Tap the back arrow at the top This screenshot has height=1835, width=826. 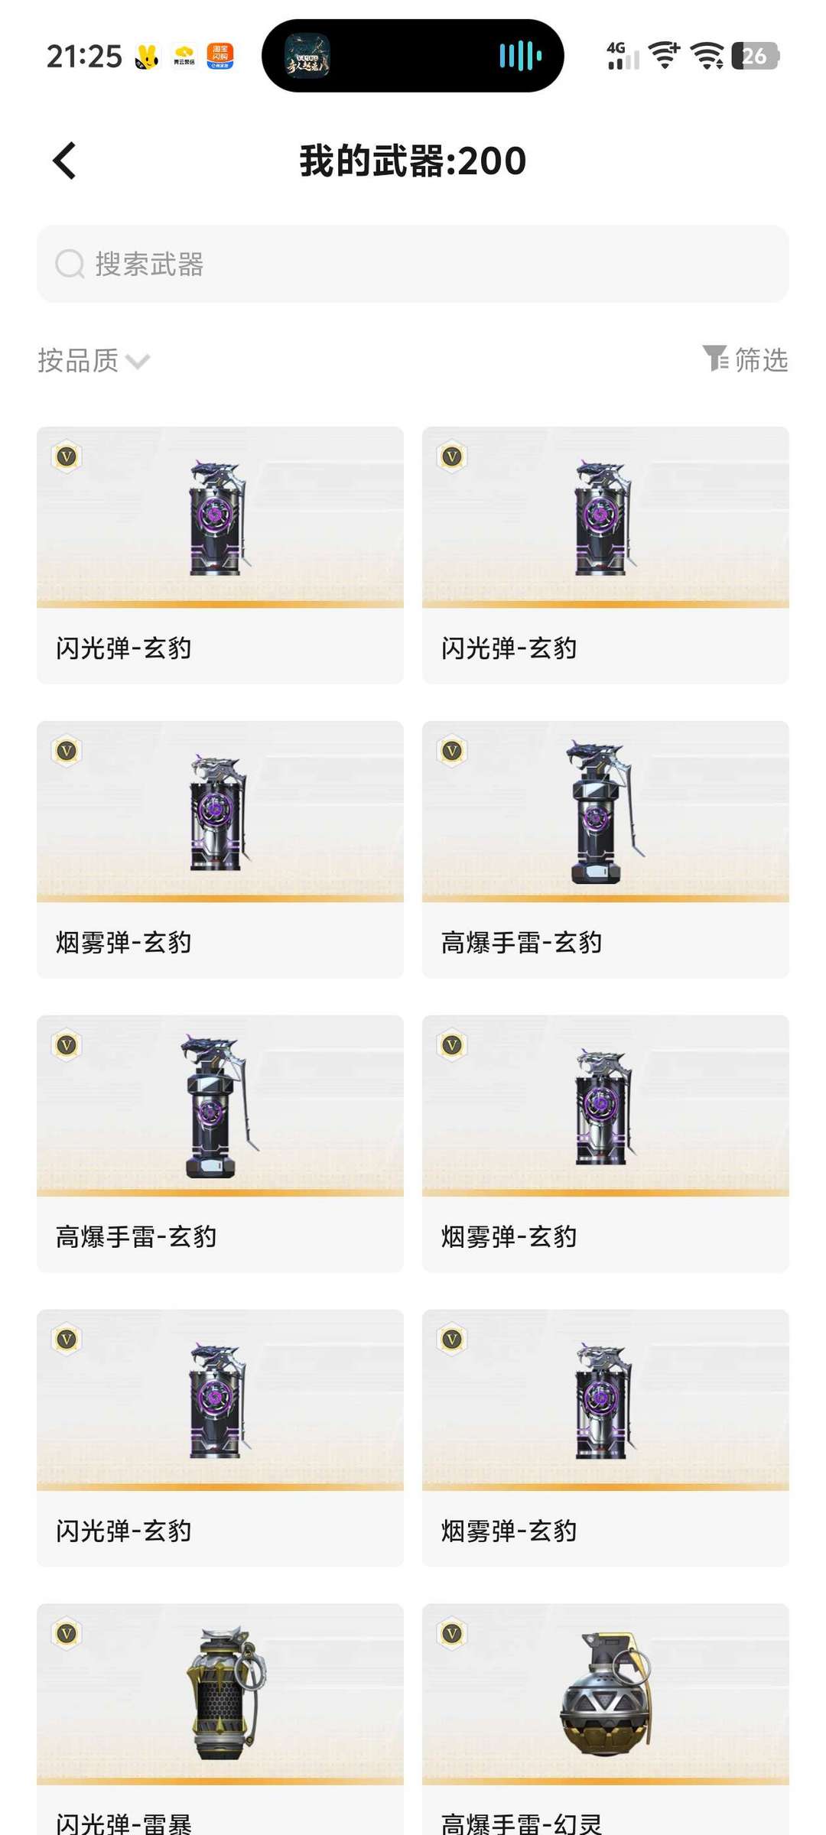tap(64, 161)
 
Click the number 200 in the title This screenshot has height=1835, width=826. tap(493, 161)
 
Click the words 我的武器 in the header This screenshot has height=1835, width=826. tap(372, 161)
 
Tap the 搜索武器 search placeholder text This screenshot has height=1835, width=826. tap(149, 265)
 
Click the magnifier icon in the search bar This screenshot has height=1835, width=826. tap(70, 265)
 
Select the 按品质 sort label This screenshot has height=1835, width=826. tap(78, 360)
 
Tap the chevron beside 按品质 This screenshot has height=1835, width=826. tap(138, 361)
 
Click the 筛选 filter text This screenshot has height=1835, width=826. tap(761, 359)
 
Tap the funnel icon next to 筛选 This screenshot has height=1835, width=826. tap(715, 358)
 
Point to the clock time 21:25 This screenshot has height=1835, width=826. tap(84, 57)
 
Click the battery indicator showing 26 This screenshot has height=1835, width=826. tap(755, 56)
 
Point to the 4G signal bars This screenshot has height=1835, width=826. tap(622, 57)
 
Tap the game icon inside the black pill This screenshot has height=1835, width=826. tap(307, 56)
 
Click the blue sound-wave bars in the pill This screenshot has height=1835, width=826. tap(520, 56)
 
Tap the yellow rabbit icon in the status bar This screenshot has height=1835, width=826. tap(147, 57)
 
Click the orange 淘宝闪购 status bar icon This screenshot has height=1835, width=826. tap(220, 56)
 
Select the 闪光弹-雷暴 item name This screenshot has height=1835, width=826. tap(123, 1822)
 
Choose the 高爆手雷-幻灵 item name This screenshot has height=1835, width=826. tap(521, 1822)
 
